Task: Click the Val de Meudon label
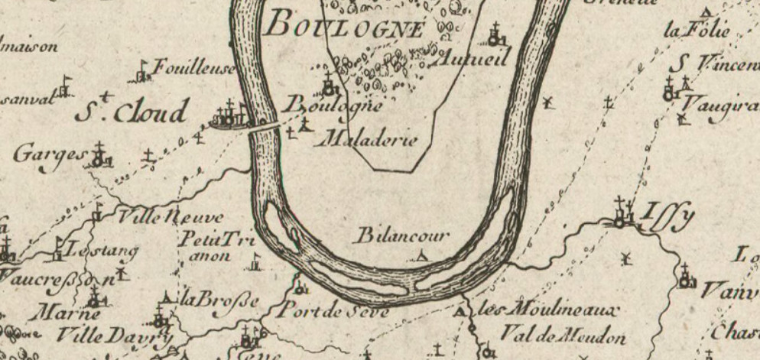click(563, 336)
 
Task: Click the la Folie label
click(697, 31)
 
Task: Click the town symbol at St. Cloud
click(229, 115)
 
